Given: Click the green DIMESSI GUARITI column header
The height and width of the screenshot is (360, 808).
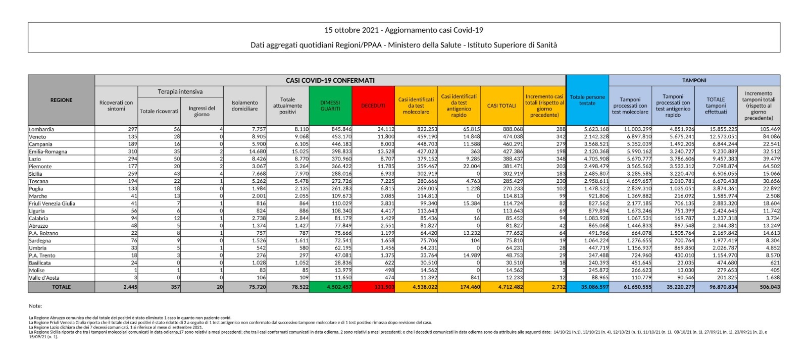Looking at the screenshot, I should [x=330, y=106].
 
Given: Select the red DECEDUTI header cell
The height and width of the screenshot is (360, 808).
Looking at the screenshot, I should [x=373, y=106].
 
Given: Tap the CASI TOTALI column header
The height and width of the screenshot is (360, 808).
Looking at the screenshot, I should [x=501, y=106].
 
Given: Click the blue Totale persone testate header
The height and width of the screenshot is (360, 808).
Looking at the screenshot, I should [x=587, y=100].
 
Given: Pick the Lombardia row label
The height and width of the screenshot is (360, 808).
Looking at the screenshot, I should [x=41, y=129].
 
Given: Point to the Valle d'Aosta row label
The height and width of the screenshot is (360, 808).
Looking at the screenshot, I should [x=44, y=278].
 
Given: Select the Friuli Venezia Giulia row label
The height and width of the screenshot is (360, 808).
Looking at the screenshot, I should [x=52, y=203].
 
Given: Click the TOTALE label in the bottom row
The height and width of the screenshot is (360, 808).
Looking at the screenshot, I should [x=61, y=287].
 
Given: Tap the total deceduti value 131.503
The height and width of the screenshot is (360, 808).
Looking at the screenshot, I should [x=384, y=287].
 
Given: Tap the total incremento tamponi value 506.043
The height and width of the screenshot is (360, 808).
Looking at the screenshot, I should [x=769, y=287].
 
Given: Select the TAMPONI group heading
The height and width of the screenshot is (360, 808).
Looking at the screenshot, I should [x=694, y=80].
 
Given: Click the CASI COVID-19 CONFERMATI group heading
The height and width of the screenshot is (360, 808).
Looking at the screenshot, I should [x=330, y=80].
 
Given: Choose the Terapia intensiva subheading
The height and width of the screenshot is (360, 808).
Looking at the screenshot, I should [x=180, y=92].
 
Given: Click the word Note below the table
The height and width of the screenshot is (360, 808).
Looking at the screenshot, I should [x=35, y=306].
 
